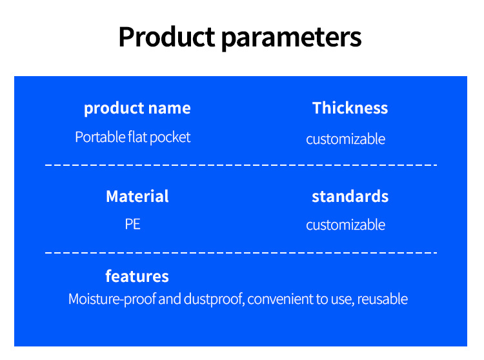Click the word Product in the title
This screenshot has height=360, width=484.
click(166, 37)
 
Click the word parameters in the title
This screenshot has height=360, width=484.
click(292, 39)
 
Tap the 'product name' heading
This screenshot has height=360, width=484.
click(137, 108)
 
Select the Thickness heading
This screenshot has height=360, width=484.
click(350, 108)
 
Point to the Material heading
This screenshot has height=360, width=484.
click(137, 196)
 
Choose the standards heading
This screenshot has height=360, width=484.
click(350, 197)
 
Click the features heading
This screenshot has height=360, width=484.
click(137, 275)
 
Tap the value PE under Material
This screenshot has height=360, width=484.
click(133, 225)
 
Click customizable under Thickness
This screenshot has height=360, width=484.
click(345, 139)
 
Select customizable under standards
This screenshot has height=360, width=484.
click(345, 225)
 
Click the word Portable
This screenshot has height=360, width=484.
click(99, 137)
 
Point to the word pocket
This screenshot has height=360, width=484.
click(170, 137)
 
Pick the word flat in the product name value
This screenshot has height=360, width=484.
click(137, 137)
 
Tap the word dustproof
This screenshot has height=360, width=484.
click(214, 299)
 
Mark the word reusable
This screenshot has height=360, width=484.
click(383, 299)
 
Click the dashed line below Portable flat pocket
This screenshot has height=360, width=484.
click(241, 165)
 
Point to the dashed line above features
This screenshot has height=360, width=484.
click(241, 253)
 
